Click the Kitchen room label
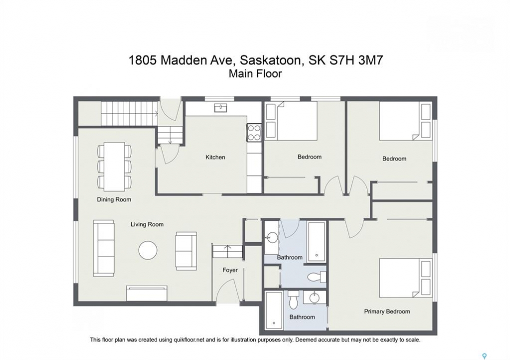pos(215,157)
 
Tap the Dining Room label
pos(114,199)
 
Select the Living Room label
pos(147,224)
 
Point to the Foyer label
pos(230,270)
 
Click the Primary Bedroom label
pos(387,311)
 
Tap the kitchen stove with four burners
pos(254,132)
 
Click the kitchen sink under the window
pos(221,107)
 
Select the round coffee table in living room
pos(148,250)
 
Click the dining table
pos(114,166)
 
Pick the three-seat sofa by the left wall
pos(104,248)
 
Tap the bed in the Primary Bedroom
pos(405,278)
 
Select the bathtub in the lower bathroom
pos(274,310)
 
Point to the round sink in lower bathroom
pos(315,297)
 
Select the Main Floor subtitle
pos(255,74)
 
